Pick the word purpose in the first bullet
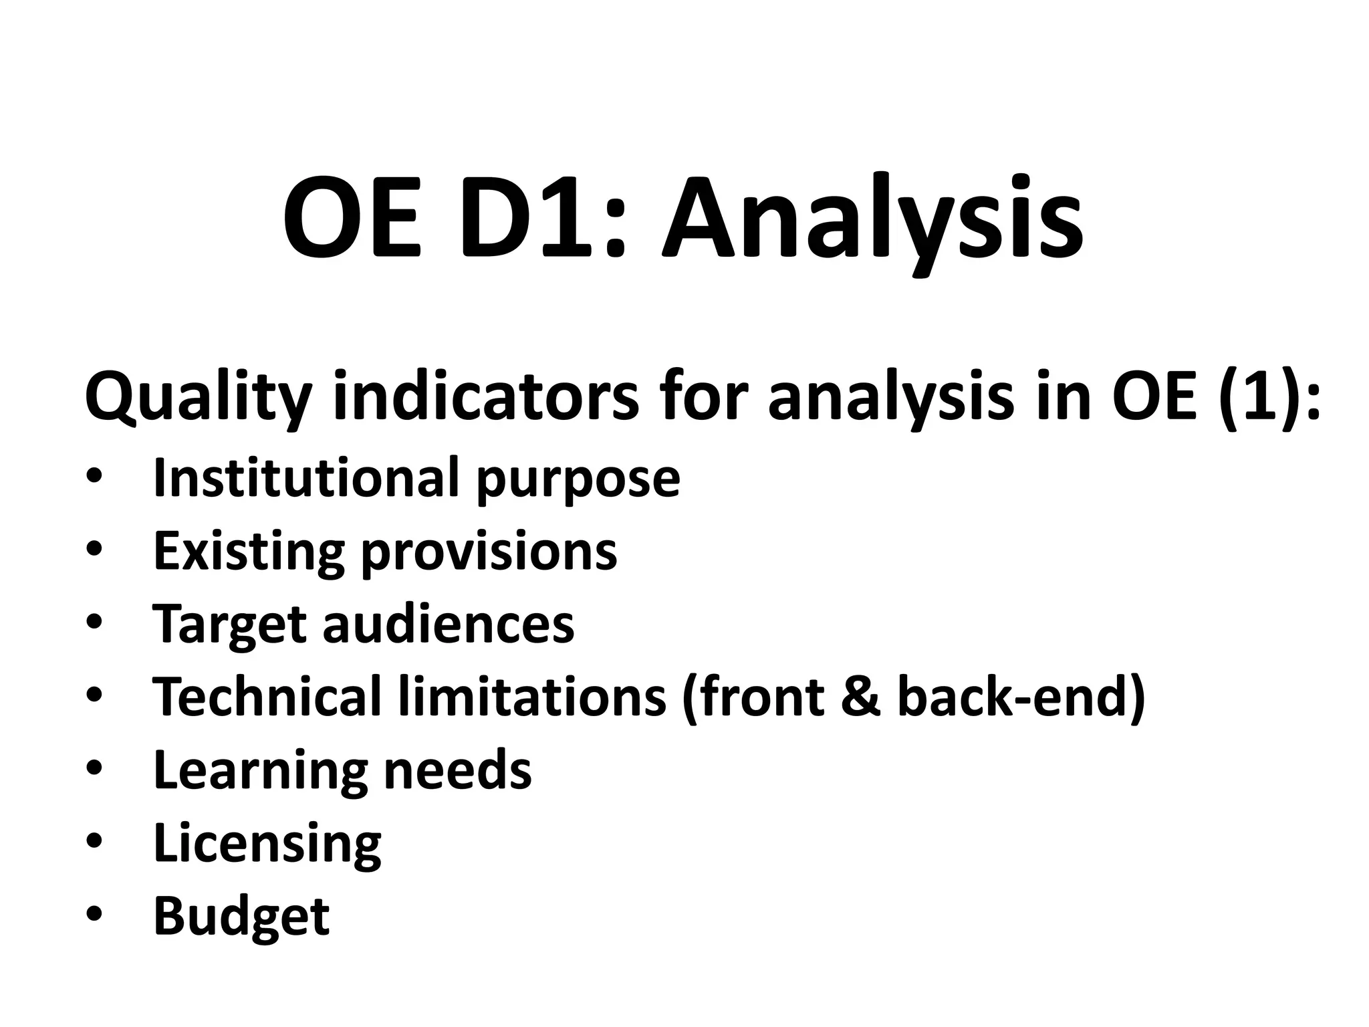[x=578, y=480]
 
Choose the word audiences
[x=449, y=623]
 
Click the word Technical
[x=267, y=696]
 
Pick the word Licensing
[x=267, y=843]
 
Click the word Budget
[x=241, y=916]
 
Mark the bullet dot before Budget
[x=94, y=913]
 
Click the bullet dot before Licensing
[x=94, y=840]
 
